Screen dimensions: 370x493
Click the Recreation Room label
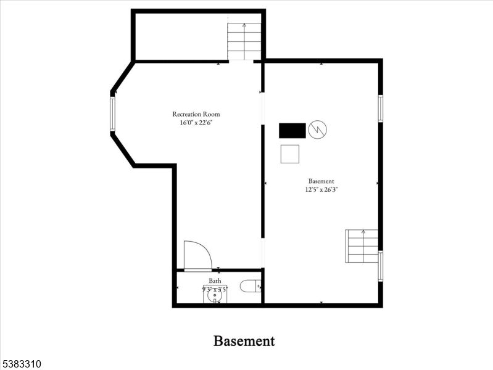(196, 114)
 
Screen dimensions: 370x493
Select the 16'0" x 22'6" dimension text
(196, 123)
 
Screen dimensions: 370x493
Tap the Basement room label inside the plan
(321, 181)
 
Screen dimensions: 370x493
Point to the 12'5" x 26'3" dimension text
(321, 190)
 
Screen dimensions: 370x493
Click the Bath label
(214, 281)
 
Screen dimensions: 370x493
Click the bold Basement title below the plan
(244, 341)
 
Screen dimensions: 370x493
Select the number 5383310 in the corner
(21, 364)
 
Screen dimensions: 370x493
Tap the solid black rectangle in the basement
(292, 131)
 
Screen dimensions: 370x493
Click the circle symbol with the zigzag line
(317, 129)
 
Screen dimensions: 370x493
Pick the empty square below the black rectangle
(289, 154)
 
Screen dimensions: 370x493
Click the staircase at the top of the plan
(244, 41)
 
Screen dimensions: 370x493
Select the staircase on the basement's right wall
(362, 245)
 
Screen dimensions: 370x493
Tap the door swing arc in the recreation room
(197, 255)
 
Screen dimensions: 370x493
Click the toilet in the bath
(251, 286)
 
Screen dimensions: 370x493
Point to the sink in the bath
(215, 295)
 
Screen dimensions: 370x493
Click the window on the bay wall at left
(112, 113)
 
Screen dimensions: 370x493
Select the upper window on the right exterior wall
(380, 109)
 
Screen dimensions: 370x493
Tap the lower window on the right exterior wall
(380, 266)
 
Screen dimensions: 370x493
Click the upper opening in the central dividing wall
(262, 109)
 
